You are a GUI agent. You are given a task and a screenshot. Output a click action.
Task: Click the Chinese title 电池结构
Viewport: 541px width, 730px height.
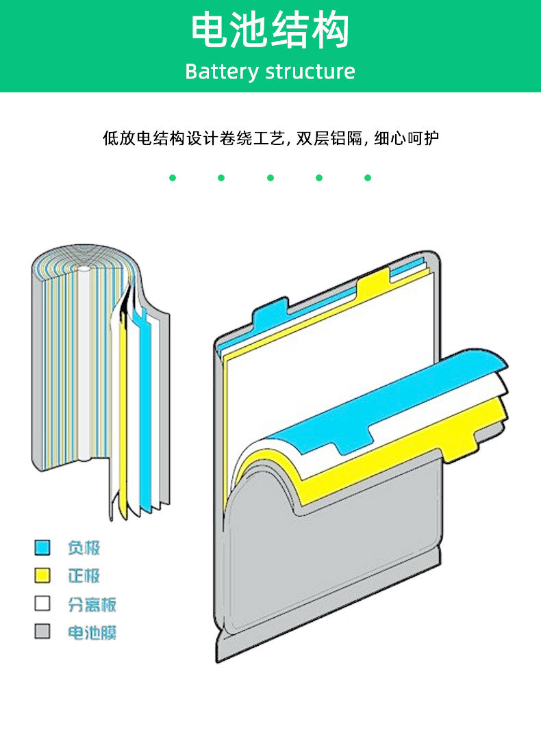[x=270, y=31]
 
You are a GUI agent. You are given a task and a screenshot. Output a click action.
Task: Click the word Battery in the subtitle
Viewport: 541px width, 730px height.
[x=221, y=71]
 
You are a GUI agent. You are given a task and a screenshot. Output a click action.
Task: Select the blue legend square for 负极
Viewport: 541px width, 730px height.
[x=42, y=547]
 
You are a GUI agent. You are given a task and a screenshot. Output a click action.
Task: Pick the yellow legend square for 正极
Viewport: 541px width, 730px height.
[x=42, y=575]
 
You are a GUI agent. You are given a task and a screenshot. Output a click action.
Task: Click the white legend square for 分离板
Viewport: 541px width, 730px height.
[x=42, y=603]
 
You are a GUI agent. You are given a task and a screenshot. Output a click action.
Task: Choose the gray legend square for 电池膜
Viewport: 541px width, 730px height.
[x=42, y=631]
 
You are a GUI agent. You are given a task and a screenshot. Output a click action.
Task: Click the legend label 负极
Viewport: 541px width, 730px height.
[x=84, y=547]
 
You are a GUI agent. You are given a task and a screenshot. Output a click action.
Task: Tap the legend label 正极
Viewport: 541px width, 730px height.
[x=84, y=575]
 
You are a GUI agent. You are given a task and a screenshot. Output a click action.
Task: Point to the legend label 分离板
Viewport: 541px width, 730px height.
[x=92, y=604]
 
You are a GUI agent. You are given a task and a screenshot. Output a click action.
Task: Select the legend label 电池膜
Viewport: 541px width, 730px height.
[x=92, y=632]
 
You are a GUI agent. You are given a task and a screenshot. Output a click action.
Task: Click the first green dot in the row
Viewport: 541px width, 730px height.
[x=173, y=178]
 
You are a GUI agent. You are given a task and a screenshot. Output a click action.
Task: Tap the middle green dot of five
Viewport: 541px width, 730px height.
[x=270, y=178]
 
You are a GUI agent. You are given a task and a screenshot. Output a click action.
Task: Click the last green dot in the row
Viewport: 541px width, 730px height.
[x=367, y=178]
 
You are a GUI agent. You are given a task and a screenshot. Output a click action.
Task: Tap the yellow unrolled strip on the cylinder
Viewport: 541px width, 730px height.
[x=123, y=424]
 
